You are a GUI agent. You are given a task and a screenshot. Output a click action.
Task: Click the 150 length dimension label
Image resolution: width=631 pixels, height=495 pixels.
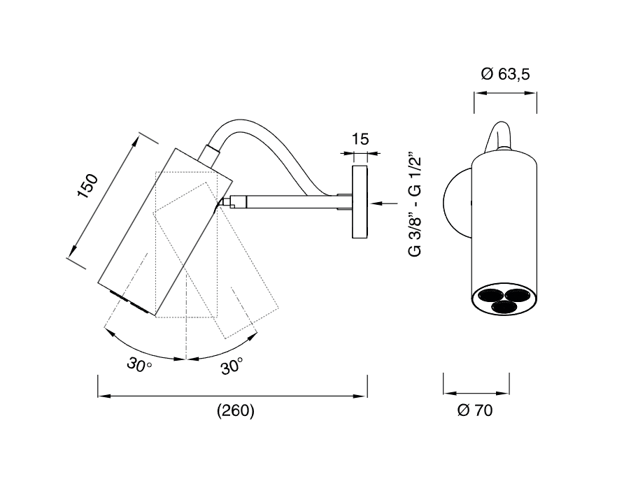[x=87, y=186]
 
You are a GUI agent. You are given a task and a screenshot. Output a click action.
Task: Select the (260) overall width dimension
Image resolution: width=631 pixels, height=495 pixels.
[x=236, y=411]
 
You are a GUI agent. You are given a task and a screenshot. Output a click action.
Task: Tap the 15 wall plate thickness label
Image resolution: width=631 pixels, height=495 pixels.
[x=360, y=139]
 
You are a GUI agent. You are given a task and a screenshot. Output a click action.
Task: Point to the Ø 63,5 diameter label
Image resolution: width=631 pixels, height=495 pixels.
[x=506, y=74]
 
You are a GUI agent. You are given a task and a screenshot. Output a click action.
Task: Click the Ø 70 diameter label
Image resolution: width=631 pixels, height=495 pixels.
[x=475, y=410]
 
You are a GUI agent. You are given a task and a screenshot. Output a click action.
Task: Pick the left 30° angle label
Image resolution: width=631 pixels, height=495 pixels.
[x=139, y=365]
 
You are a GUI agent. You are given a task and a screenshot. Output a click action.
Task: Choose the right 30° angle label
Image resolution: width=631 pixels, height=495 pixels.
[x=232, y=366]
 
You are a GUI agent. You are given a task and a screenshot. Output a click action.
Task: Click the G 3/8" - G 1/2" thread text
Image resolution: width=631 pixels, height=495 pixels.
[x=415, y=204]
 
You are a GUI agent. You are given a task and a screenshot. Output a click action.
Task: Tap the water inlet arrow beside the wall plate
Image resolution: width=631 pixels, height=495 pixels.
[x=383, y=203]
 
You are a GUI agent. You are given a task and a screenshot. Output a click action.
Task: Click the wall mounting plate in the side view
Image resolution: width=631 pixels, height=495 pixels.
[x=360, y=201]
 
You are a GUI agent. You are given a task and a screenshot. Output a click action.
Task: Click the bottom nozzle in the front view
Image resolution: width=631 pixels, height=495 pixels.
[x=504, y=307]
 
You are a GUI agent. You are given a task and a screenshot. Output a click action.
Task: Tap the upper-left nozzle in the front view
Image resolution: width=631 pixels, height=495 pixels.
[x=491, y=295]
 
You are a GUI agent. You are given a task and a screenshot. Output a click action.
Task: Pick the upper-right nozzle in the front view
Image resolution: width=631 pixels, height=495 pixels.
[x=518, y=295]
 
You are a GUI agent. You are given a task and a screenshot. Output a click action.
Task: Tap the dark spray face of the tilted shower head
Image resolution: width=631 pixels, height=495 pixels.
[x=129, y=301]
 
